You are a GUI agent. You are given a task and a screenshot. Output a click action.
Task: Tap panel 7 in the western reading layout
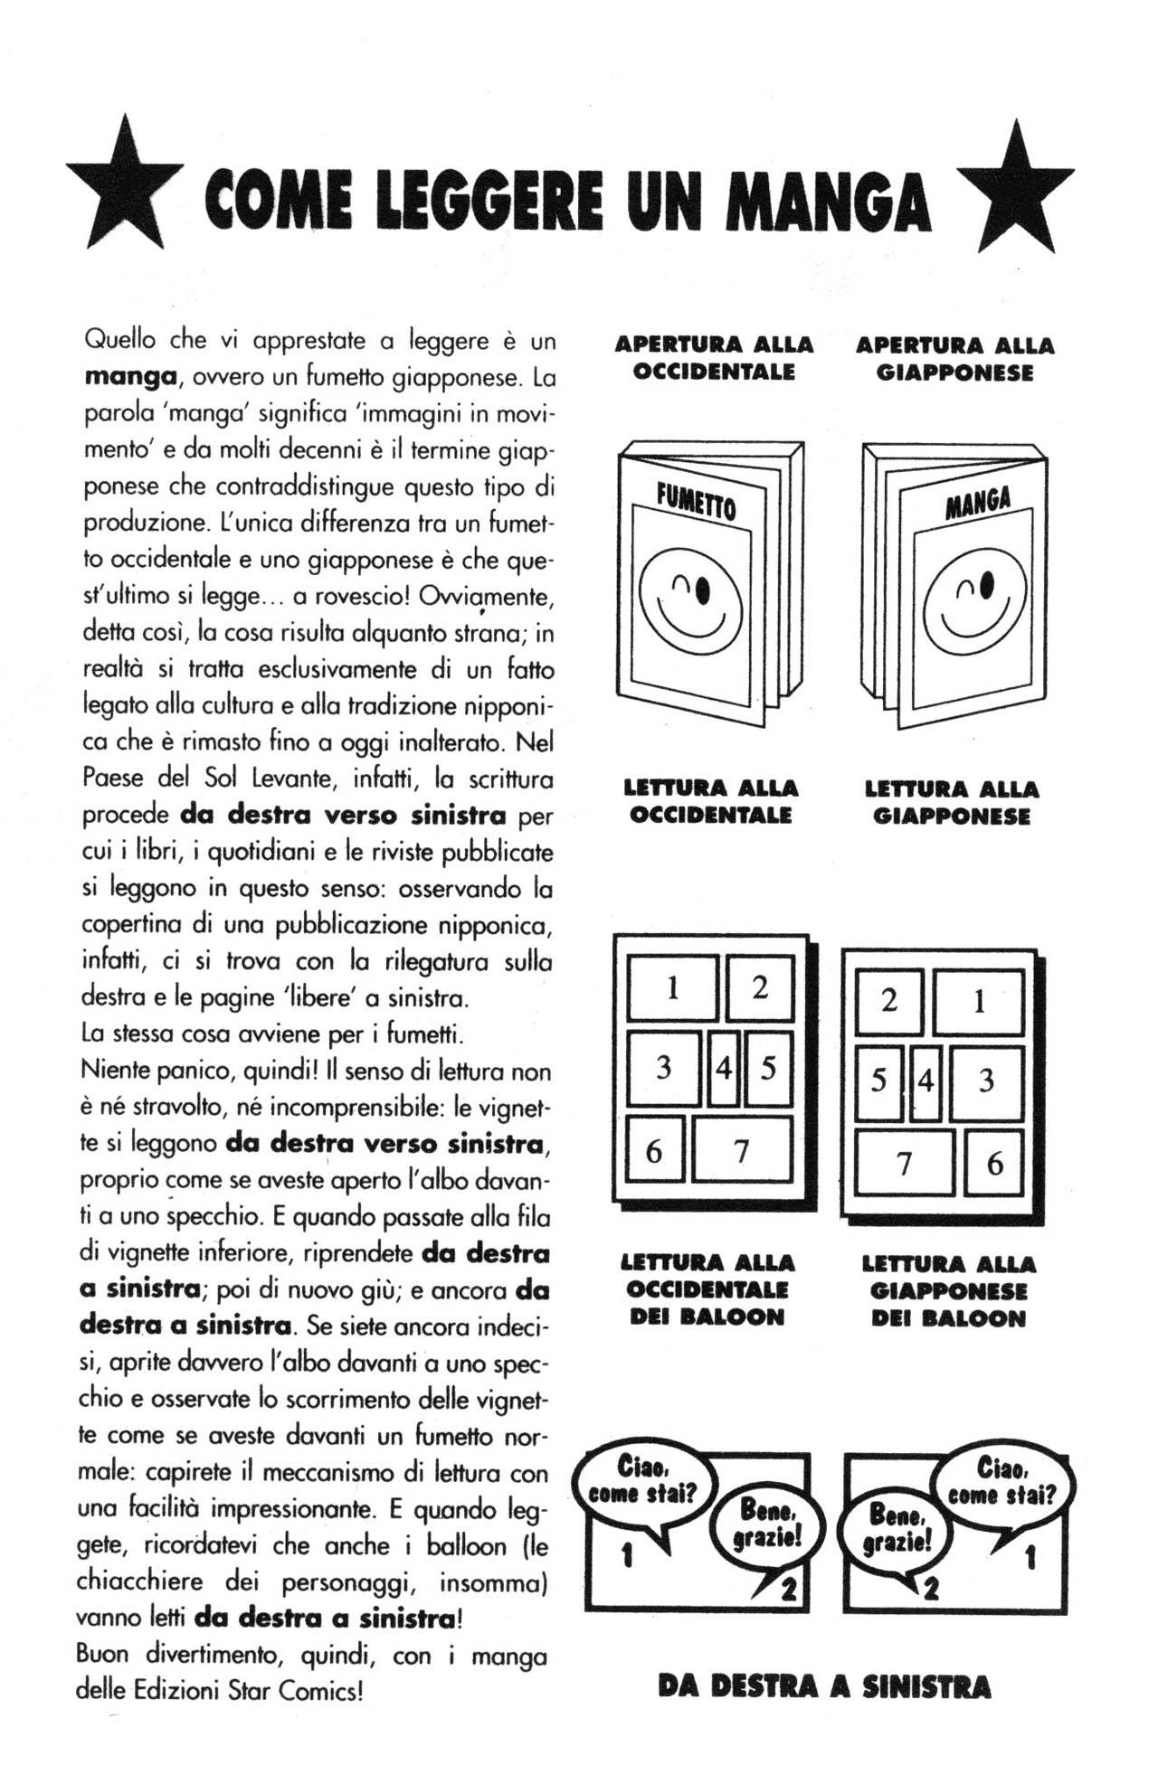(742, 1150)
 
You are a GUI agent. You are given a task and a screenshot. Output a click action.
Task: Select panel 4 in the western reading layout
(723, 1069)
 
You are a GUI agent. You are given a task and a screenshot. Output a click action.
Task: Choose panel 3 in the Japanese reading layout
(986, 1081)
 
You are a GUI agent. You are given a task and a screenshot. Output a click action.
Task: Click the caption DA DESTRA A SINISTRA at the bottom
(824, 1687)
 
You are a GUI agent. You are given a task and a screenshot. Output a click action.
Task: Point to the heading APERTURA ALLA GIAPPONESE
(954, 359)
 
